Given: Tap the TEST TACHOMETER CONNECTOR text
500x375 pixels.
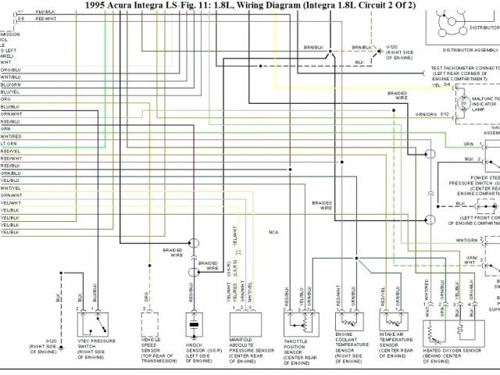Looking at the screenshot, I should pyautogui.click(x=466, y=68).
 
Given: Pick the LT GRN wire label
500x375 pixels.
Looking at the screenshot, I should pyautogui.click(x=9, y=144).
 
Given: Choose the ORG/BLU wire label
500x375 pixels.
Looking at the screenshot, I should pyautogui.click(x=10, y=70).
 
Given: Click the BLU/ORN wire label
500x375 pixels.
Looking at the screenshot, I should pyautogui.click(x=10, y=84).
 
